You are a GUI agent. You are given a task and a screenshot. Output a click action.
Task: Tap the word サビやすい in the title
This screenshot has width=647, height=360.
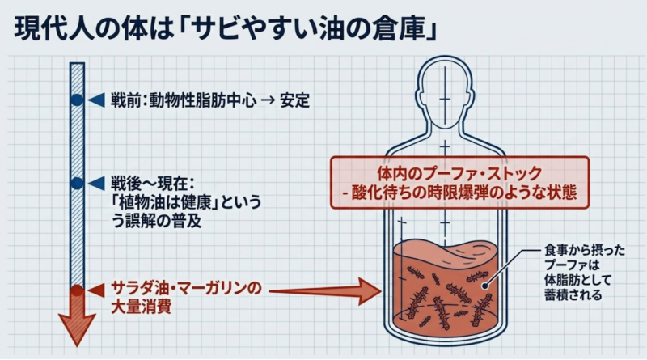257,29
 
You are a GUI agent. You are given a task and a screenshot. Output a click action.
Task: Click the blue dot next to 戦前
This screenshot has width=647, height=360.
77,100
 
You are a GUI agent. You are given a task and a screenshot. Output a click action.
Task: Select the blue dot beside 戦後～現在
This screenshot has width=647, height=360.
77,184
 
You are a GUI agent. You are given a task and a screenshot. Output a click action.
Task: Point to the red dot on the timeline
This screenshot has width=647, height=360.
77,290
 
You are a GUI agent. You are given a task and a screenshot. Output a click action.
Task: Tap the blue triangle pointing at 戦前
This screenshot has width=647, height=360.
96,100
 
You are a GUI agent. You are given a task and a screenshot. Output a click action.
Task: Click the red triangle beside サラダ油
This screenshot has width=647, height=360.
96,290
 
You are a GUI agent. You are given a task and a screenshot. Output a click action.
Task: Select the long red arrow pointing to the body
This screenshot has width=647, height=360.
325,291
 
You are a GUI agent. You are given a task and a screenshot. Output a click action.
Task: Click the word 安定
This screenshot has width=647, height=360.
294,100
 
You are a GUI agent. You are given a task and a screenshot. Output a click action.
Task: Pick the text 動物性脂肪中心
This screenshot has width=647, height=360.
203,100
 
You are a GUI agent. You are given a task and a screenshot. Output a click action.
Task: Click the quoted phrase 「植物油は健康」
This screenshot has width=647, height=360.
166,203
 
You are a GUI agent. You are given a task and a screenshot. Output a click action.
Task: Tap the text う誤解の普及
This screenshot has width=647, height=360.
157,222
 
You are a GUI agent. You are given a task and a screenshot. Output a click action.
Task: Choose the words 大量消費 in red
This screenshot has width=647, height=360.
141,307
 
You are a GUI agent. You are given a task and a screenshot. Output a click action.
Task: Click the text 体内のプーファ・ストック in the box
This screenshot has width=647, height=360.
459,173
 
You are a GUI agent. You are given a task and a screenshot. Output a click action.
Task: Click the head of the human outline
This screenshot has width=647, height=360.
445,93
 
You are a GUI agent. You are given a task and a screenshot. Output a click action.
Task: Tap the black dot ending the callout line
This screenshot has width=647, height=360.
485,286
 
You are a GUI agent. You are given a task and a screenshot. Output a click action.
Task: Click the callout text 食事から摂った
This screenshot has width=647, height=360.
585,251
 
